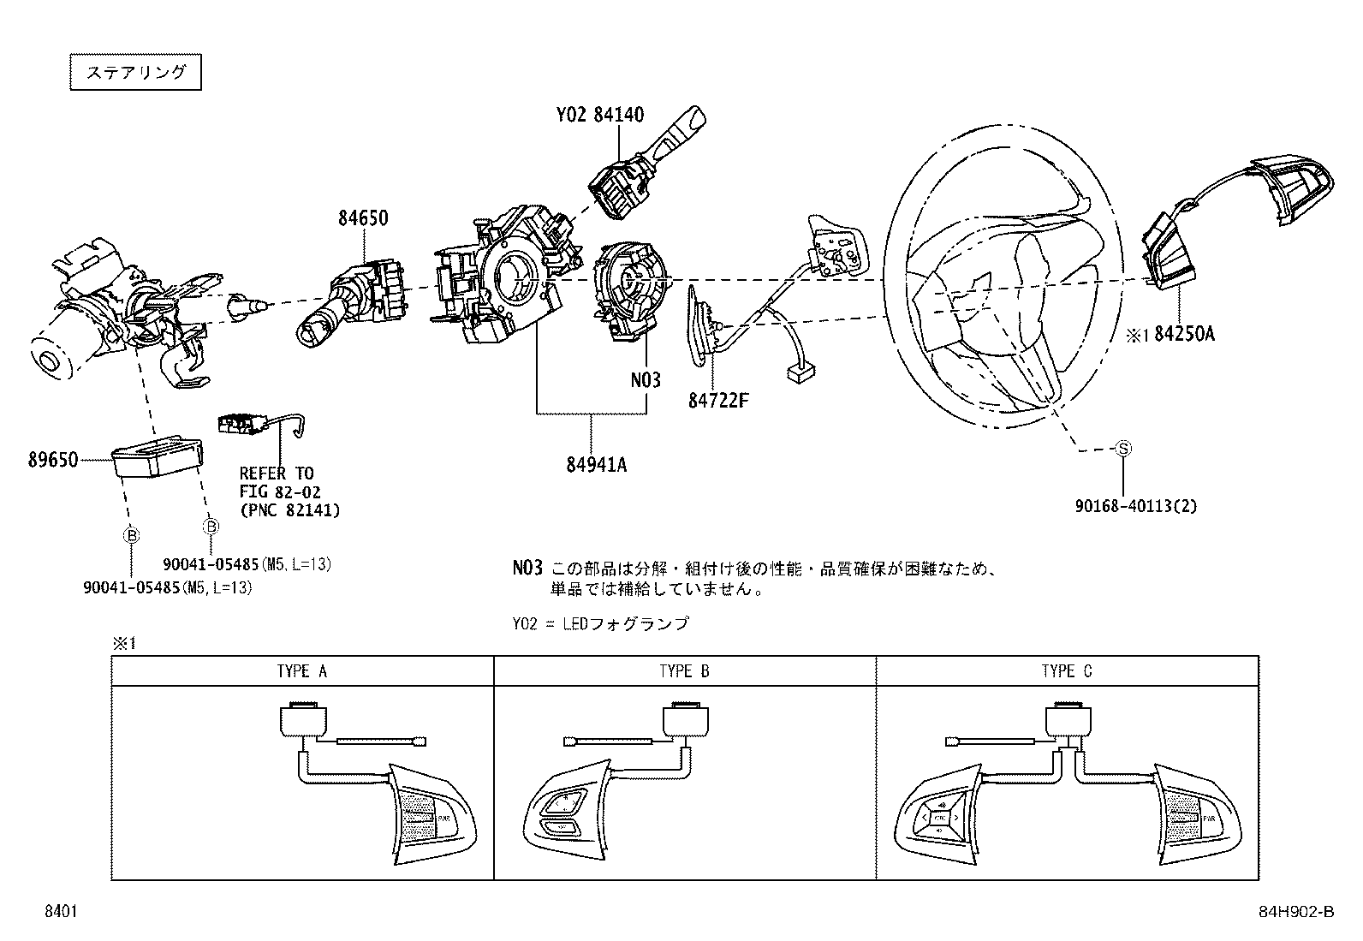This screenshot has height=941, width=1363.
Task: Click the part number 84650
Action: pos(361,219)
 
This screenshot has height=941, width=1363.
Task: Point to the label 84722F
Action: pos(717,399)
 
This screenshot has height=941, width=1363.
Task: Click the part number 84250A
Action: pos(1182,335)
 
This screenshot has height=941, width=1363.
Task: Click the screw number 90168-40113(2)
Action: pos(1136,506)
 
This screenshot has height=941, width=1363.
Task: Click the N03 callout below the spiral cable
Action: pos(646,379)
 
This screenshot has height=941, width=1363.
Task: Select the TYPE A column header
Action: pos(301,671)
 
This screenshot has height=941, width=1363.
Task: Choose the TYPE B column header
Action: pos(684,671)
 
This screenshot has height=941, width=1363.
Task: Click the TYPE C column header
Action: pos(1066,671)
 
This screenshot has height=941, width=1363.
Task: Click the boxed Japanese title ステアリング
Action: pos(135,72)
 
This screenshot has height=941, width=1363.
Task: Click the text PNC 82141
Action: pos(289,510)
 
